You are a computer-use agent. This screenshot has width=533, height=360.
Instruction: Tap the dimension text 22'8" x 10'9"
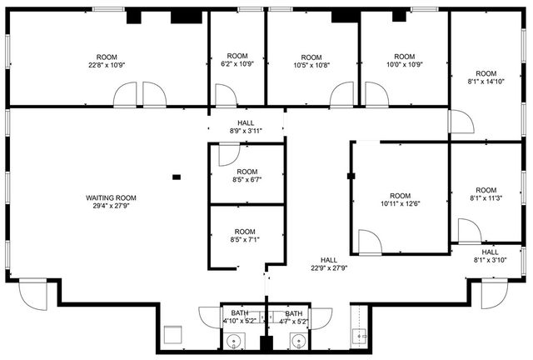[x=107, y=64]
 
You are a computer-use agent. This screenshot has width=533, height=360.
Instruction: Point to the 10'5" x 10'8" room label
[x=311, y=61]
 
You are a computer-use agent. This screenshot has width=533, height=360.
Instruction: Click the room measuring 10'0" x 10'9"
[x=404, y=61]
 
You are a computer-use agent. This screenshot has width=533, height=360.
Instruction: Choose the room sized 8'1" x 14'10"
[x=486, y=77]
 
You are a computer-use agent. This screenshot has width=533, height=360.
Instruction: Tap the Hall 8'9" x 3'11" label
[x=246, y=127]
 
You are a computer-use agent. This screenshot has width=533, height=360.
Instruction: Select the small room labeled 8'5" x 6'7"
[x=247, y=176]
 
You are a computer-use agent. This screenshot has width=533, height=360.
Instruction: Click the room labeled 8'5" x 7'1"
[x=245, y=236]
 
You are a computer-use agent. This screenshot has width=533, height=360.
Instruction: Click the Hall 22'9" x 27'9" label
[x=329, y=264]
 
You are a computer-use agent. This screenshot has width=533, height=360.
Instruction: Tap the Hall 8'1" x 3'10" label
[x=491, y=256]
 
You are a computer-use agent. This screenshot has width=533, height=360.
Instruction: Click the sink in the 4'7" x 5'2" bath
[x=297, y=340]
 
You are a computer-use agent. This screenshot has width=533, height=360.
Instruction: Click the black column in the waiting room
[x=177, y=177]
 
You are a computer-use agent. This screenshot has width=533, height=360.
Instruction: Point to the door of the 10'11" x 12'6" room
[x=370, y=242]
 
